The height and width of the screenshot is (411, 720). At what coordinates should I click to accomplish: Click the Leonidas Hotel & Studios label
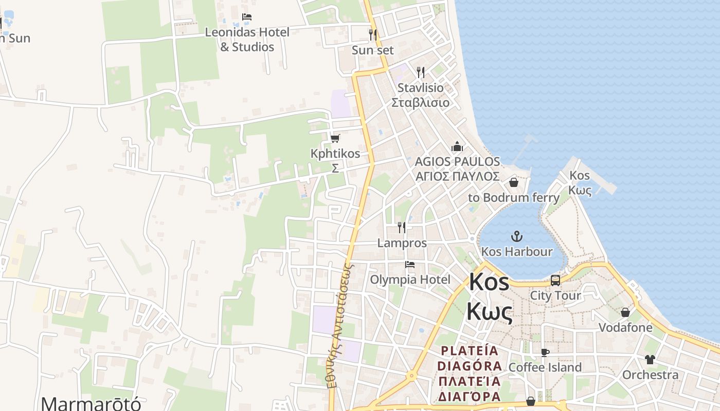tap(247, 39)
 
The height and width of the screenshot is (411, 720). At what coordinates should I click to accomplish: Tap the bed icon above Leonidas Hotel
tap(247, 17)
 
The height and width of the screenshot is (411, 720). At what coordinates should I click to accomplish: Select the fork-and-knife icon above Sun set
tap(373, 35)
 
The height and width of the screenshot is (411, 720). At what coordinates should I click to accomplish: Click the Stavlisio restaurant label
tap(420, 95)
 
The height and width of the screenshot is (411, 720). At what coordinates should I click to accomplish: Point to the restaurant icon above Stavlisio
tap(421, 72)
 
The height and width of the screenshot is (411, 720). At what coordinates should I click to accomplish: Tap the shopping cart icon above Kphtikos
tap(335, 138)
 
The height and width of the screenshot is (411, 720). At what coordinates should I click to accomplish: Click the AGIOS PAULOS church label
tap(457, 169)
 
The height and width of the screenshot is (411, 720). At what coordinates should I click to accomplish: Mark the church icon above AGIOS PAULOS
tap(457, 147)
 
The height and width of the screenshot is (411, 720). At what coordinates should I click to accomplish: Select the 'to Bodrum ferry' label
tap(513, 197)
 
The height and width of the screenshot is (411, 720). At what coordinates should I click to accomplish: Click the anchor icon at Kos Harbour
tap(516, 236)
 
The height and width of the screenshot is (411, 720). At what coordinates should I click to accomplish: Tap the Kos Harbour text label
tap(516, 252)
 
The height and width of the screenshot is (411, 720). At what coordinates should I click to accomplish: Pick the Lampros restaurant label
tap(402, 243)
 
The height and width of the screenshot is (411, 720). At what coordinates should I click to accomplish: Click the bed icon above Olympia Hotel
tap(410, 265)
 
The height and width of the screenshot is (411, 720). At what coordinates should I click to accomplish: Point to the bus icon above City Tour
tap(555, 280)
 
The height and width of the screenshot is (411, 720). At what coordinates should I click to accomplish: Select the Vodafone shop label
tap(625, 327)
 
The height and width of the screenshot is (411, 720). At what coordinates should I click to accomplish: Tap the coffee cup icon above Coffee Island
tap(545, 352)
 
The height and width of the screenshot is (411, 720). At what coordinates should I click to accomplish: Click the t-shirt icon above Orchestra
tap(650, 360)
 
